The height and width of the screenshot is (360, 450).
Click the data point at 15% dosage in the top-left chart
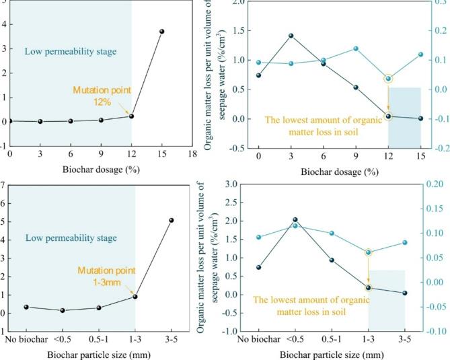(161, 32)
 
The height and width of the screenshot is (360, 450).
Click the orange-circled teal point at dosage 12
(388, 79)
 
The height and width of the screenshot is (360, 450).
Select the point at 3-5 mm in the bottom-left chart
(171, 220)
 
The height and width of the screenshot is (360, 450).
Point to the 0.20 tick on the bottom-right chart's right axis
(439, 184)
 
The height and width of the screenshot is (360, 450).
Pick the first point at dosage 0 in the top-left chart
(9, 120)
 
